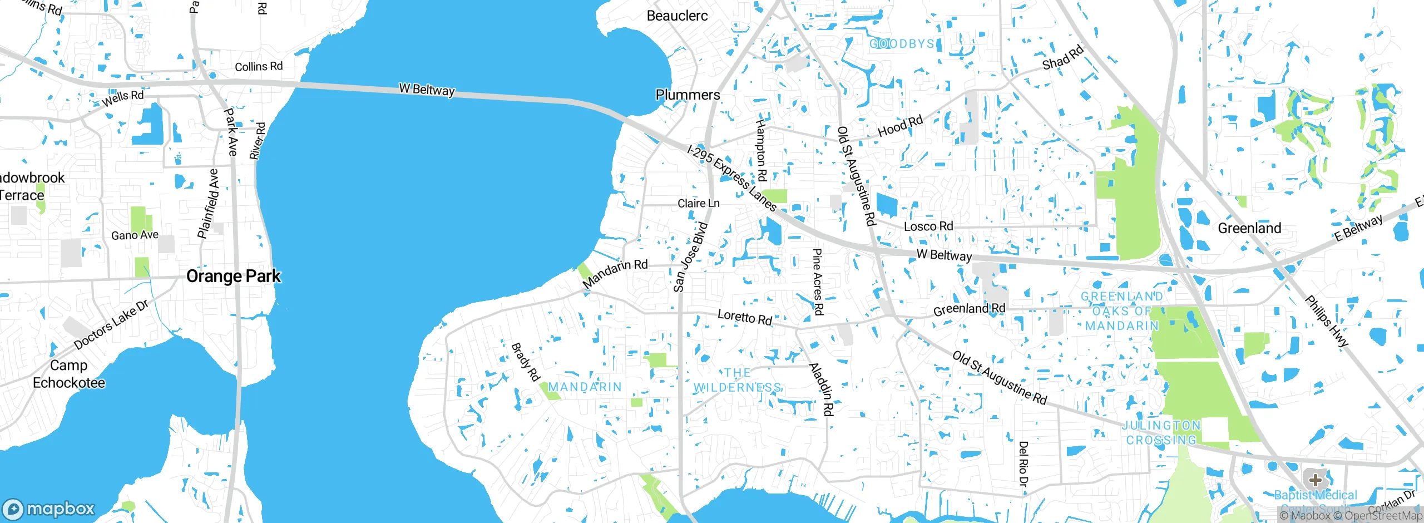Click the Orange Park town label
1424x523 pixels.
coord(233,276)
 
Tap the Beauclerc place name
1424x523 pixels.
coord(677,16)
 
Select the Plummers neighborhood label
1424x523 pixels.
coord(688,95)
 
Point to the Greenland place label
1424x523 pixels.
coord(1249,228)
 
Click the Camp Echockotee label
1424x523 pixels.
coord(69,374)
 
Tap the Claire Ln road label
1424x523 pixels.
coord(698,204)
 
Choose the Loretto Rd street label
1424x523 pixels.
coord(745,317)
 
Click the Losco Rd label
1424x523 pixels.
coord(928,226)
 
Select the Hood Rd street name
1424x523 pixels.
coord(900,126)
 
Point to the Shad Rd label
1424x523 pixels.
coord(1062,57)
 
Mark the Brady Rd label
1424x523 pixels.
coord(525,362)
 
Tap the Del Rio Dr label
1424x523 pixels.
coord(1023,464)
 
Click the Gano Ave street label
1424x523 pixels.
coord(135,235)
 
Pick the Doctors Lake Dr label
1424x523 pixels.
coord(111,324)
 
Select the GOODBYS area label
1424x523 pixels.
coord(902,43)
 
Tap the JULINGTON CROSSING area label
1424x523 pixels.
coord(1161,433)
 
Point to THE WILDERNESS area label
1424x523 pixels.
coord(738,380)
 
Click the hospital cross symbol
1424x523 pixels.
coord(1315,480)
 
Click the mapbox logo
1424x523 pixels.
coord(49,509)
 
